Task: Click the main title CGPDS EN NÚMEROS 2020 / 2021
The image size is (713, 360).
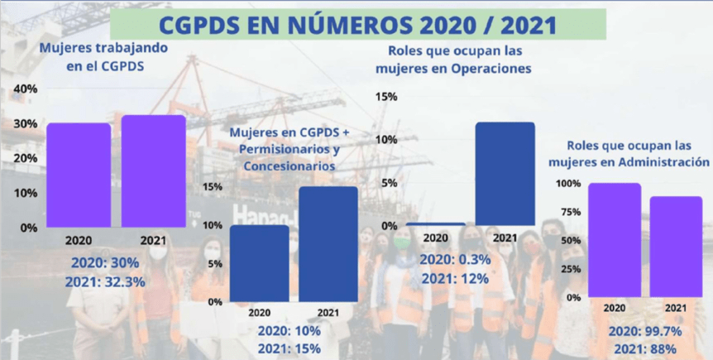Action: click(x=359, y=25)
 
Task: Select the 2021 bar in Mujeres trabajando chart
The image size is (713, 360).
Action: click(x=153, y=171)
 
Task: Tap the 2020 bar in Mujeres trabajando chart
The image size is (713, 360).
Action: click(x=79, y=175)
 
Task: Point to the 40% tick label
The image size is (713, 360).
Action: click(x=26, y=89)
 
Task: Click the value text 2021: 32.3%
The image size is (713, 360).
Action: click(x=105, y=282)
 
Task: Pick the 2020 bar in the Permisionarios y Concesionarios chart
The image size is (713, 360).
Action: click(x=259, y=263)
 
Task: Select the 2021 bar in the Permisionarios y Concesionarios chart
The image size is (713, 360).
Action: click(x=328, y=244)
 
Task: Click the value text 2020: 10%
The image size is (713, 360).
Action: click(x=290, y=330)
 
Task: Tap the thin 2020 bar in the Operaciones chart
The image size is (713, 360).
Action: click(x=436, y=224)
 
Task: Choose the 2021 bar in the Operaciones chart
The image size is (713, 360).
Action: click(x=505, y=174)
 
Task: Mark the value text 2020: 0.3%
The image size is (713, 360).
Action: click(x=455, y=260)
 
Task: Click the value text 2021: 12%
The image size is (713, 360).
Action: click(x=455, y=279)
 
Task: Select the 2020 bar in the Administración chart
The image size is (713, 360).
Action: click(x=615, y=240)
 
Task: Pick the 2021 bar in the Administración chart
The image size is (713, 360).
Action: click(x=676, y=247)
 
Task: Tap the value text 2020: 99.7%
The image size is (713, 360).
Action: click(x=645, y=332)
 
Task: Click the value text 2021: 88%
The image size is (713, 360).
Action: click(x=645, y=349)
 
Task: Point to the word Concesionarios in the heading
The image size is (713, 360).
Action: click(x=290, y=166)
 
